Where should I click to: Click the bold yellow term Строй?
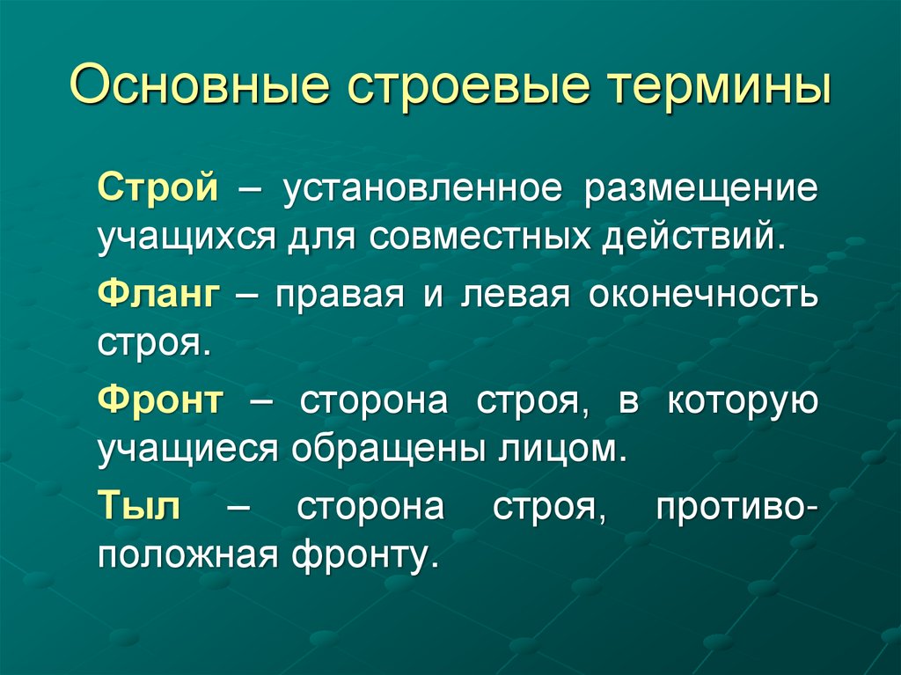[x=158, y=190]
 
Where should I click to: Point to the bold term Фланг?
[x=158, y=296]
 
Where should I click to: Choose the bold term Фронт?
[x=161, y=401]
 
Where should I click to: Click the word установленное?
[x=421, y=190]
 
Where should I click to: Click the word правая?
[x=339, y=297]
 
